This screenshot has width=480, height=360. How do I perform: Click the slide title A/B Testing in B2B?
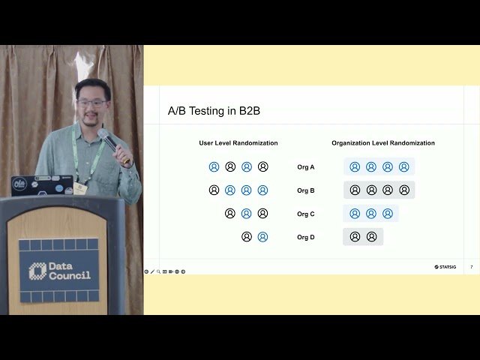click(214, 111)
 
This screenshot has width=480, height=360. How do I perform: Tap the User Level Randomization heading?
click(238, 143)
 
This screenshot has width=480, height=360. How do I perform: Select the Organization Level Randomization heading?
click(383, 143)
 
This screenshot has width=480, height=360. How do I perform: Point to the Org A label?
click(306, 167)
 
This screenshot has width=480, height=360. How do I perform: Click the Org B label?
click(306, 190)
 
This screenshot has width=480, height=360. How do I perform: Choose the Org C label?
click(306, 214)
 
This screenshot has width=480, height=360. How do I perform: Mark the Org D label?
click(306, 237)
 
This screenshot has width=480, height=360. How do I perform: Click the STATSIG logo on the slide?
click(445, 266)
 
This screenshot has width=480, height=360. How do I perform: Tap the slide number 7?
click(471, 266)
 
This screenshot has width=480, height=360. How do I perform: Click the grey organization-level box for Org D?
click(363, 237)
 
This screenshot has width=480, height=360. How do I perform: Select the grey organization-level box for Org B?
click(379, 190)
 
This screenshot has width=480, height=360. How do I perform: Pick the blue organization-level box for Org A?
click(379, 167)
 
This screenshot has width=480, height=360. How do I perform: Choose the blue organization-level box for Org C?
click(371, 214)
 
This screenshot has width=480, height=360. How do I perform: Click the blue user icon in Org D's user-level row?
click(262, 237)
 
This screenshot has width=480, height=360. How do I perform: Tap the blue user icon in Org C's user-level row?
click(246, 214)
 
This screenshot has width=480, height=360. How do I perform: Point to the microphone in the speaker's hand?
click(109, 141)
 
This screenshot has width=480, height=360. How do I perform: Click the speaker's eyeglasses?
click(92, 103)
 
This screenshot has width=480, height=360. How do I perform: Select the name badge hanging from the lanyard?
click(80, 187)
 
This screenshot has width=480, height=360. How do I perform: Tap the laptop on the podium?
click(42, 184)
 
